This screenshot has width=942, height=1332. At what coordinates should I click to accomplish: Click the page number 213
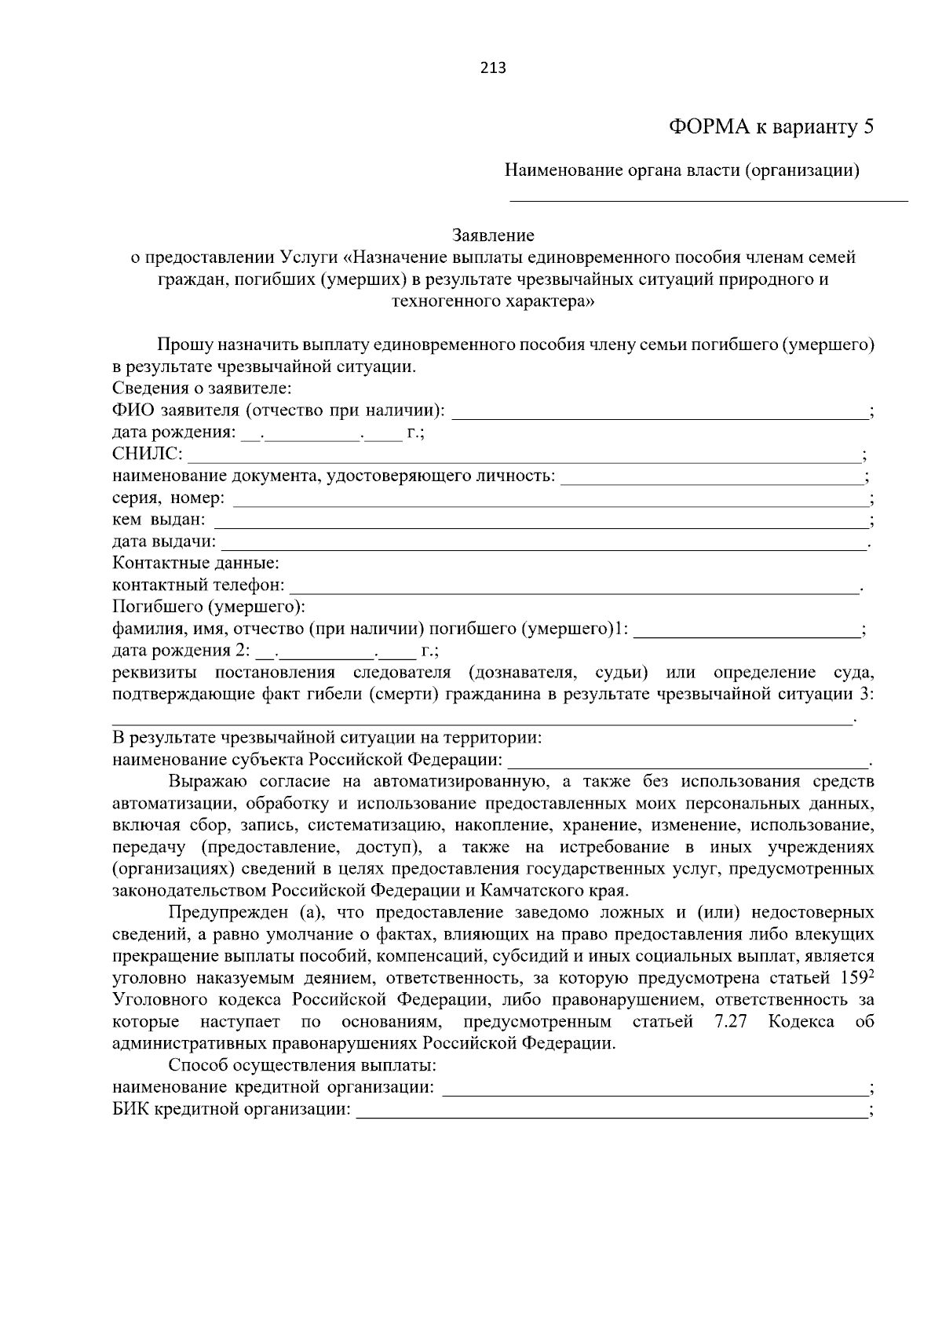coord(493,68)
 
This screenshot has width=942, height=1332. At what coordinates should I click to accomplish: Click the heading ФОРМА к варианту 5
coord(770,127)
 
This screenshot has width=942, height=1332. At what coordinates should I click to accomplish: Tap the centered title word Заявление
coord(493,235)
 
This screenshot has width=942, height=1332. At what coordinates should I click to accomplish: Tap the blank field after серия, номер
coord(549,498)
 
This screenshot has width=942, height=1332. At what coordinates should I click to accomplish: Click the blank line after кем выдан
coord(540,520)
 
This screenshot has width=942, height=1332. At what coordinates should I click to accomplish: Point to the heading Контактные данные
coord(195,564)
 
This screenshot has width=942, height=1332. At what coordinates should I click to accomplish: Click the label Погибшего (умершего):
coord(209,608)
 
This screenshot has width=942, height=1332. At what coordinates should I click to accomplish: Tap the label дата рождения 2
coord(181,651)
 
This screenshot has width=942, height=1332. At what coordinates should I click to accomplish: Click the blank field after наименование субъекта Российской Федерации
coord(688,761)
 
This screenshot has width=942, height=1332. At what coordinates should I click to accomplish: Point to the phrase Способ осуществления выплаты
coord(302,1067)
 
